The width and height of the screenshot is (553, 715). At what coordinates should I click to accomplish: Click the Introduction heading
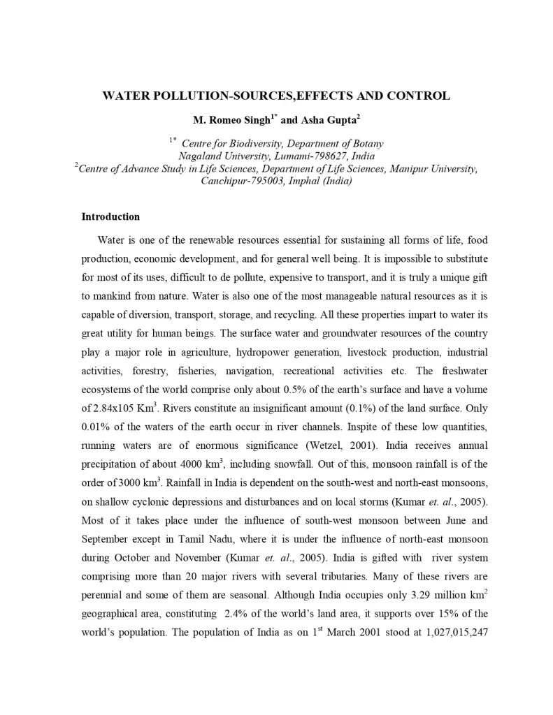click(x=110, y=217)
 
